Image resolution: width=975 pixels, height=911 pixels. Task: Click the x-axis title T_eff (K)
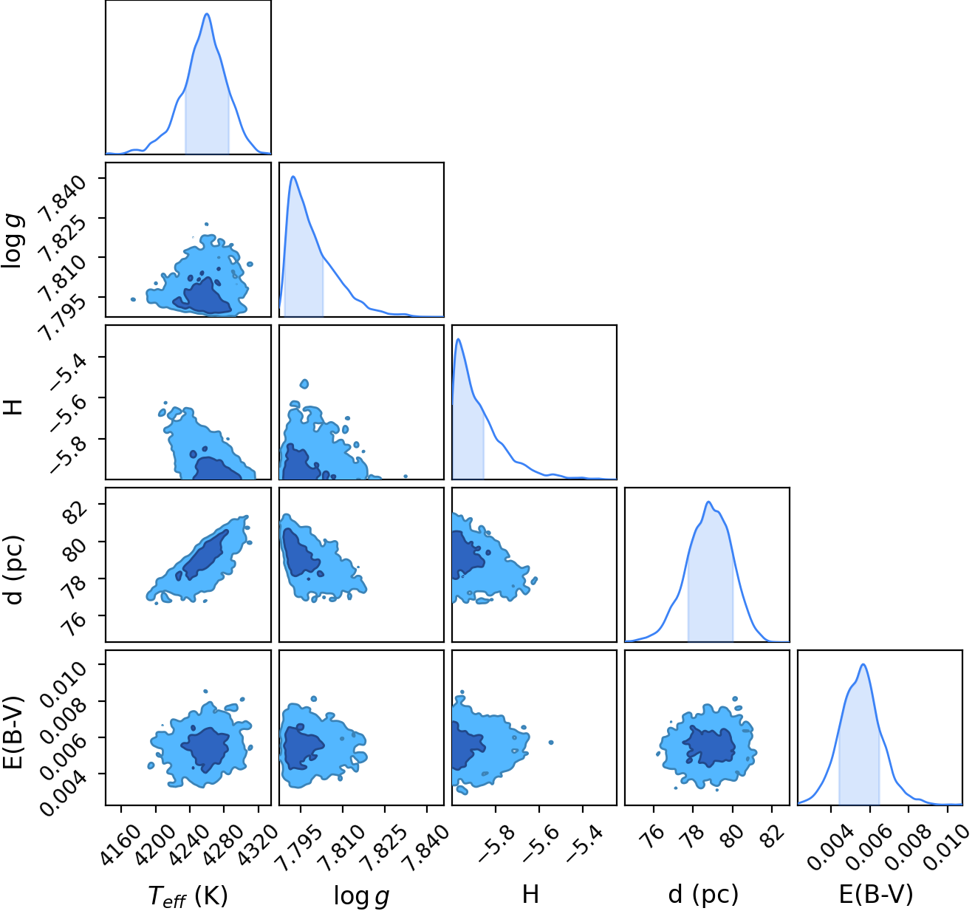pyautogui.click(x=188, y=895)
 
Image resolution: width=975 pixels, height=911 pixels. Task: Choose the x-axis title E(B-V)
pyautogui.click(x=876, y=894)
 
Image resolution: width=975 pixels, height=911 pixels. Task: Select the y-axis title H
pyautogui.click(x=15, y=407)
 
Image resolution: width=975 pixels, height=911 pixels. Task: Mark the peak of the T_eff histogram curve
pyautogui.click(x=207, y=14)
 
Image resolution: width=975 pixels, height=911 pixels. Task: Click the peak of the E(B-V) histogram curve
pyautogui.click(x=863, y=664)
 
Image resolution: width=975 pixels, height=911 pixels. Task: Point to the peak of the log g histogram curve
pyautogui.click(x=293, y=177)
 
